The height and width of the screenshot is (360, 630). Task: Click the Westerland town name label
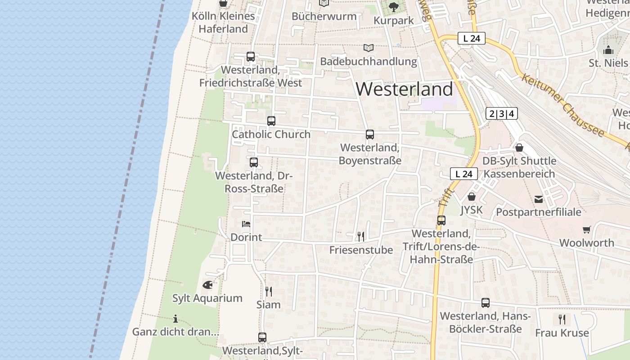pos(404,89)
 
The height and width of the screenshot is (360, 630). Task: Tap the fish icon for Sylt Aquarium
pos(207,285)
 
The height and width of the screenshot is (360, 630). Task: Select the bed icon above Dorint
pos(246,224)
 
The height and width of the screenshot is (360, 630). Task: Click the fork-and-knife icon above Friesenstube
pos(360,236)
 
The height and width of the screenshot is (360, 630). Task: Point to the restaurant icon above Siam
pos(269,291)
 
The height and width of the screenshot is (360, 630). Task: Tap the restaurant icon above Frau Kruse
pos(562,319)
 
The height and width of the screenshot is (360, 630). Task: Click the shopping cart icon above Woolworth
pos(586,230)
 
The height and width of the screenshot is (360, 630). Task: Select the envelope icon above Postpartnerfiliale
pos(539,199)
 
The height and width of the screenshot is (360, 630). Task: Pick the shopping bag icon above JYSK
pos(472,197)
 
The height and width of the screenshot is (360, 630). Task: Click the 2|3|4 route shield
pos(502,114)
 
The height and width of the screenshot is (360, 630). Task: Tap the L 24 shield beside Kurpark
pos(472,39)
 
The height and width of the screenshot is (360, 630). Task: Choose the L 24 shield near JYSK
pos(464,174)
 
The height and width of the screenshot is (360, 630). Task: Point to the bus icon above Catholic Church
pos(271,121)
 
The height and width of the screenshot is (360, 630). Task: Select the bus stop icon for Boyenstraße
pos(370,135)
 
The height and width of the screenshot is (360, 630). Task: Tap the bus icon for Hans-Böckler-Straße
pos(486,303)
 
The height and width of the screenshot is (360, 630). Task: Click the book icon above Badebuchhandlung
pos(369,48)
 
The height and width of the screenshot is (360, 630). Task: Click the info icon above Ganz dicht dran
pos(175,319)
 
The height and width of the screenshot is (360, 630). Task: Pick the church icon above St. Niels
pos(608,50)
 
